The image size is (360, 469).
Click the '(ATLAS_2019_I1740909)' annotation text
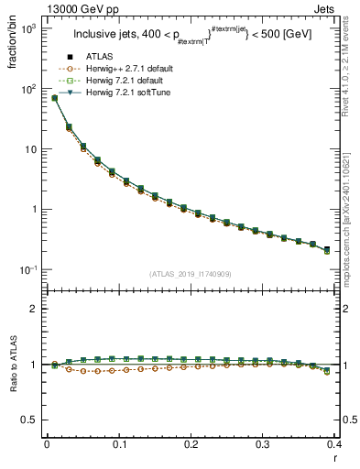[x=190, y=274]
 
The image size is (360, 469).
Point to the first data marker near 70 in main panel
[x=54, y=98]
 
